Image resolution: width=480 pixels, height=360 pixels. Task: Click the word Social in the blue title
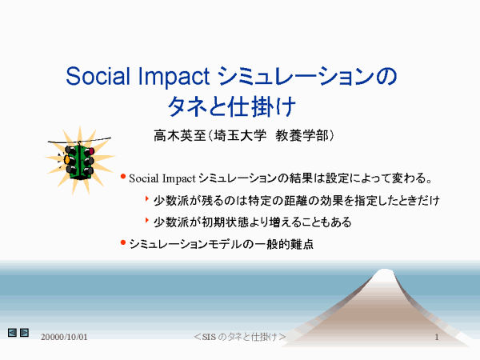coord(98,76)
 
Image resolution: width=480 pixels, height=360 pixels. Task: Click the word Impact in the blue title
coord(174,77)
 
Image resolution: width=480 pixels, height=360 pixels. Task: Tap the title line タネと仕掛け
coord(232,106)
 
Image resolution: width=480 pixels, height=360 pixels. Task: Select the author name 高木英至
coord(179,136)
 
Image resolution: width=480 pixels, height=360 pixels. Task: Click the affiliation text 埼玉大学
coord(240,136)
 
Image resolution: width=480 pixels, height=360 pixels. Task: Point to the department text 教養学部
coord(302,136)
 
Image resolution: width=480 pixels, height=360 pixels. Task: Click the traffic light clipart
coord(79,160)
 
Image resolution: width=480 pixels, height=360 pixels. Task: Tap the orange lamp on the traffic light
coord(66,159)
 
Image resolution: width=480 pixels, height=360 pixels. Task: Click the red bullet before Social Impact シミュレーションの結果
coord(123,177)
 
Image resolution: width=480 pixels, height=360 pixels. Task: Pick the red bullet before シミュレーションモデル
coord(123,242)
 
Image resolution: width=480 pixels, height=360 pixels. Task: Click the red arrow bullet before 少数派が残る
coord(147,199)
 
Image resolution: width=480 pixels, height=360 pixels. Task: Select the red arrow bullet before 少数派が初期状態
coord(147,221)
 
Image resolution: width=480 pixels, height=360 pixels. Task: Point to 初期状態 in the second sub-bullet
coord(225,222)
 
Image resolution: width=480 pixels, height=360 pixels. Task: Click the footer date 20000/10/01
coord(64,337)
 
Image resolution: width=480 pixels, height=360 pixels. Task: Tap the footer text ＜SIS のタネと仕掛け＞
coord(240,337)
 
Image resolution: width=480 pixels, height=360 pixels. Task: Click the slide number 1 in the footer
coord(437,337)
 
